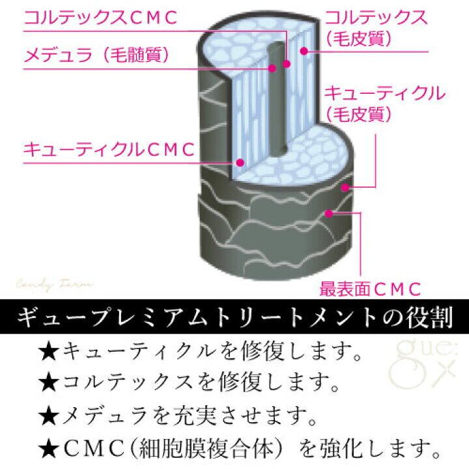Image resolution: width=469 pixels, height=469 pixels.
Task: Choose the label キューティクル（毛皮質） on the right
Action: click(384, 103)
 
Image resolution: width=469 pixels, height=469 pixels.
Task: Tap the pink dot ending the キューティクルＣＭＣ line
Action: click(240, 161)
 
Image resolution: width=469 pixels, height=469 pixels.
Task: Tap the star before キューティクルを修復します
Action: click(50, 353)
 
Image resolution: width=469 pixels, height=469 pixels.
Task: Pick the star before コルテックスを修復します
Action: click(50, 384)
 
